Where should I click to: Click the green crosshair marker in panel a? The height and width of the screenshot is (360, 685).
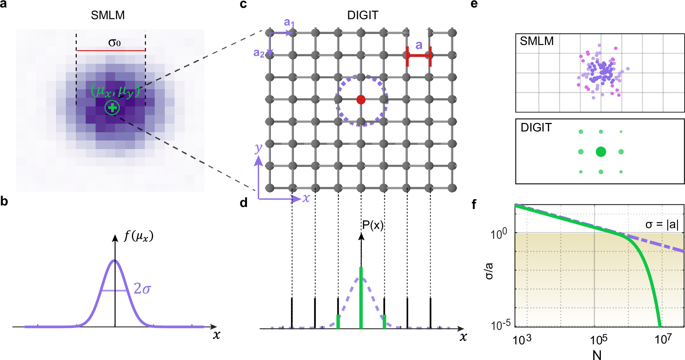click(x=112, y=107)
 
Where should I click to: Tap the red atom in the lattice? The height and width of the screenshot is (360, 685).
click(x=361, y=100)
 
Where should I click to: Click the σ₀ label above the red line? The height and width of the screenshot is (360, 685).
click(x=114, y=43)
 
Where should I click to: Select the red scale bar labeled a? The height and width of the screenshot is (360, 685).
click(x=418, y=56)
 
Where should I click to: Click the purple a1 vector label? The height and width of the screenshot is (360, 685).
click(x=289, y=23)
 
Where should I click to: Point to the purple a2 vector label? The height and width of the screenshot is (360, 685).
click(x=259, y=52)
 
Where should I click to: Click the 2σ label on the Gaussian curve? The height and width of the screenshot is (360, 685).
click(x=142, y=289)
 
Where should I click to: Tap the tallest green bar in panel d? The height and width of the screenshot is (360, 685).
click(x=361, y=297)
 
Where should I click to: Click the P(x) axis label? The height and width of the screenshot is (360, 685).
click(x=372, y=225)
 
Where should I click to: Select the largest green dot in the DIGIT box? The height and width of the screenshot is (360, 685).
click(x=601, y=152)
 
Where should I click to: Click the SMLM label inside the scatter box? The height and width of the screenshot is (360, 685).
click(x=537, y=41)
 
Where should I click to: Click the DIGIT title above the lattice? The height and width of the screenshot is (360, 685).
click(x=362, y=15)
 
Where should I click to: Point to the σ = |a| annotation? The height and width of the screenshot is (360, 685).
click(x=662, y=224)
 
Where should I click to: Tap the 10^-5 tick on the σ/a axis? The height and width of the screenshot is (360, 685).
click(x=501, y=325)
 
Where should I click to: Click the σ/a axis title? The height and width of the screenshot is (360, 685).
click(x=489, y=271)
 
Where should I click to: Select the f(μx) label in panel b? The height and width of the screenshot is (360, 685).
click(x=139, y=236)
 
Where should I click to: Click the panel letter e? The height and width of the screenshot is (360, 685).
click(x=474, y=4)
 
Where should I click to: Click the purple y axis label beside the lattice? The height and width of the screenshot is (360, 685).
click(x=258, y=148)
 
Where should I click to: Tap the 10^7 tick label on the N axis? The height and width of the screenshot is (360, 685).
click(x=663, y=339)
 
